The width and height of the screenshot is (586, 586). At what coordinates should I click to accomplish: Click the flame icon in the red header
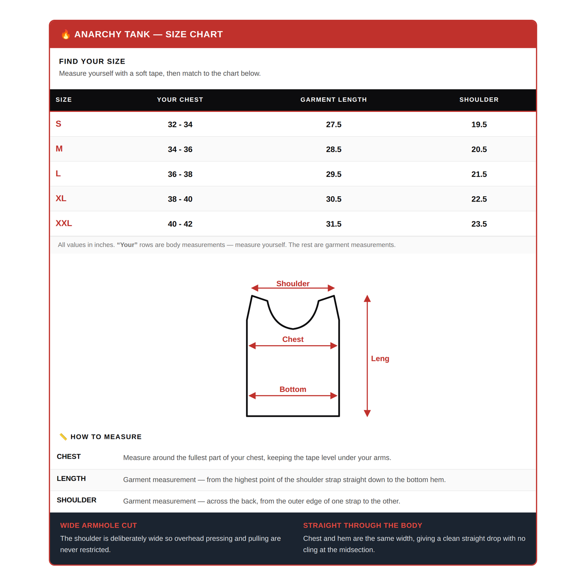[66, 34]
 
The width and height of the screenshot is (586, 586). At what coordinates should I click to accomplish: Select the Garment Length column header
[334, 100]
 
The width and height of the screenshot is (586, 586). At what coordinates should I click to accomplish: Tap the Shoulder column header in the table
[479, 100]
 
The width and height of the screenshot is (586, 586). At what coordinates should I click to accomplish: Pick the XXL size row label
[64, 223]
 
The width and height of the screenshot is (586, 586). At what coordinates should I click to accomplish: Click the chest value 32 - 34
[180, 124]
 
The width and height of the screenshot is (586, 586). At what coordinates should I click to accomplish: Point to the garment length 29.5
[334, 174]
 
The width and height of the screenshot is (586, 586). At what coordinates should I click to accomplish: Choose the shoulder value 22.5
[479, 199]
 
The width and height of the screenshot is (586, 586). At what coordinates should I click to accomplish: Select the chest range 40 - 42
[180, 224]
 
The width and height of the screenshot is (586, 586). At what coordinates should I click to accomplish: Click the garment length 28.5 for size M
[334, 149]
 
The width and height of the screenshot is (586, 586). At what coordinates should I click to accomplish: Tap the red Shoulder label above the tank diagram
[293, 283]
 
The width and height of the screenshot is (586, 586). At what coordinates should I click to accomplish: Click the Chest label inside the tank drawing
[293, 339]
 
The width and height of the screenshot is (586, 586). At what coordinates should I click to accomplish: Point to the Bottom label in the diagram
[293, 389]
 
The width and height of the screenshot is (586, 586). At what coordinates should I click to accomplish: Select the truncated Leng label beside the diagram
[380, 358]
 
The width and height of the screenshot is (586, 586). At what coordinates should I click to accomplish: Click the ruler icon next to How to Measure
[63, 437]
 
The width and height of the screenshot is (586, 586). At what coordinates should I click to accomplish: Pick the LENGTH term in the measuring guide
[71, 479]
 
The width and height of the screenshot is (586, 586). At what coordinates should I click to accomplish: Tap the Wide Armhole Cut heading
[99, 526]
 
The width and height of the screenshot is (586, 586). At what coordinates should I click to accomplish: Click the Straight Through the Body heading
[363, 526]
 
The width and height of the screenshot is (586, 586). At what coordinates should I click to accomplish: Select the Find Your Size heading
[92, 61]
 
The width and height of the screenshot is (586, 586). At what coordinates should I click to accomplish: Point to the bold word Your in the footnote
[127, 245]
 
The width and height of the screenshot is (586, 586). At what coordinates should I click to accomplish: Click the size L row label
[58, 174]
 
